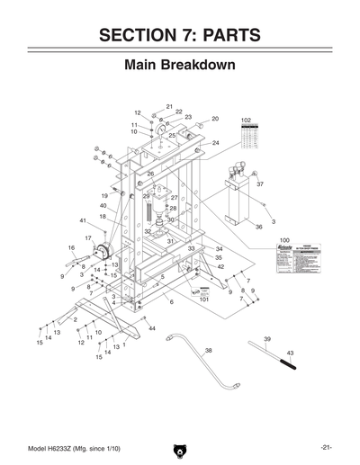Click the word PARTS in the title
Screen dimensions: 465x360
pos(224,35)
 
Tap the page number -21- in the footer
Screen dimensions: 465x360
pos(328,448)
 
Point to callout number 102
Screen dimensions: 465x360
pos(246,120)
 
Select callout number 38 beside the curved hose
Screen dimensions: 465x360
pos(208,350)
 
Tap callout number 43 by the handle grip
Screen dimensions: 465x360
pos(290,353)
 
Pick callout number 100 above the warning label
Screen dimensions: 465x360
pos(284,241)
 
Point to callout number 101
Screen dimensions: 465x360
pos(204,300)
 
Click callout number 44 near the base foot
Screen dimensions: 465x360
pos(152,329)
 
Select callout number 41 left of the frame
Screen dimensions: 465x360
pos(82,220)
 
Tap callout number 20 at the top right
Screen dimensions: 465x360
pos(215,119)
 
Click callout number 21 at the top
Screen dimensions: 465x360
pos(169,106)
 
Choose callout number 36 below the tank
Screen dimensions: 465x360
pos(258,228)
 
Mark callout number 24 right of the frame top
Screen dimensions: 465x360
pos(215,143)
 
